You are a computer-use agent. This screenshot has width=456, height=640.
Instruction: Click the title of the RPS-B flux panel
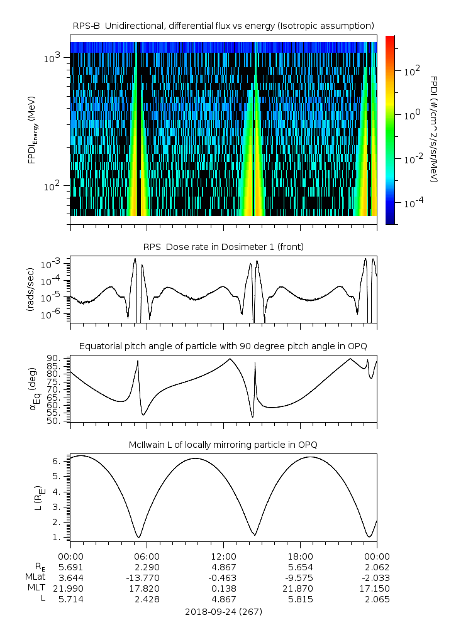pos(223,25)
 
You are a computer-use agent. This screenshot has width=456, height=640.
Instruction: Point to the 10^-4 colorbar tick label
pos(411,203)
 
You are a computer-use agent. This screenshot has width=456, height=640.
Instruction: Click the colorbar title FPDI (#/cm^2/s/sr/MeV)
pos(434,129)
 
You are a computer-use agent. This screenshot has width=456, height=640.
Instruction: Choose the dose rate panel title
pos(223,247)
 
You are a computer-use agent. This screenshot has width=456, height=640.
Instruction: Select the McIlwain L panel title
pos(223,445)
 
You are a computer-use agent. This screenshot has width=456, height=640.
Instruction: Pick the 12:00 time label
pos(223,556)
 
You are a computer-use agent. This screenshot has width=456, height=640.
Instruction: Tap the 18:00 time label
pos(300,556)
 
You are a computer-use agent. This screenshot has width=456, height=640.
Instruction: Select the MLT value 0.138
pos(223,588)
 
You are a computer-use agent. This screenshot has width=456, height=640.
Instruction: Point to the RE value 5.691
pos(70,567)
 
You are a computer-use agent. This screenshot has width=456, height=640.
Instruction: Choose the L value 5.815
pos(300,599)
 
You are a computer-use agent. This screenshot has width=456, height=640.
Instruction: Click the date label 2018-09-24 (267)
pos(223,611)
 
